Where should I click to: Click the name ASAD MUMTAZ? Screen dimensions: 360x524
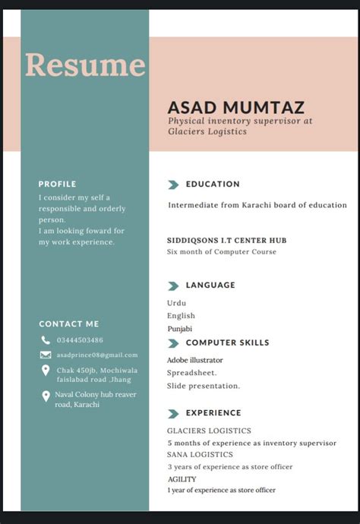coord(235,107)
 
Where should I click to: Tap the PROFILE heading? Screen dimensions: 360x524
coord(58,184)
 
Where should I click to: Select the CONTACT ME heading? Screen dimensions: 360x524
coord(69,324)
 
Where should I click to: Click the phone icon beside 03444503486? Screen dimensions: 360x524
coord(46,340)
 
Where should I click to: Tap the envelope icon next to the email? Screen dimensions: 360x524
coord(46,355)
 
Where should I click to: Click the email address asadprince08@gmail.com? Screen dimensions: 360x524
coord(97,355)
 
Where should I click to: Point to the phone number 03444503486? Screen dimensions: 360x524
coord(80,340)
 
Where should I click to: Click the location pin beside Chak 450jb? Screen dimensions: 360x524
coord(46,371)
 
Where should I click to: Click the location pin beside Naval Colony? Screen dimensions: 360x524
coord(46,396)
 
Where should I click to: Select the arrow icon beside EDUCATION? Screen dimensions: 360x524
coord(173,185)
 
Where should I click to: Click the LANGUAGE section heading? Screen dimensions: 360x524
coord(210,286)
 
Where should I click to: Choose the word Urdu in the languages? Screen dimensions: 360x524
coord(176,303)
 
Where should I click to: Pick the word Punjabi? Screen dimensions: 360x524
coord(180,329)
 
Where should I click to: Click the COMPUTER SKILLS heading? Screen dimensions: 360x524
coord(227,342)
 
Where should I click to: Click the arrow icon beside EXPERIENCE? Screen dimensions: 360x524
coord(173,414)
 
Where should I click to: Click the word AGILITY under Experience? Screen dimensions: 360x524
coord(182,479)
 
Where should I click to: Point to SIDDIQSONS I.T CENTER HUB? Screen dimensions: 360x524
coord(226,241)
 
